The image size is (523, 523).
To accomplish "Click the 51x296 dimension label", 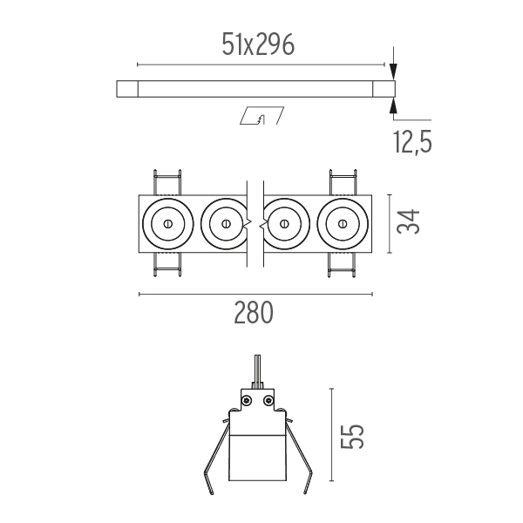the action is click(258, 44).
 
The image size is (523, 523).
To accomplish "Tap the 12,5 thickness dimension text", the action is click(412, 142).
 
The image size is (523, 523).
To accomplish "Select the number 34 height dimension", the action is click(408, 221).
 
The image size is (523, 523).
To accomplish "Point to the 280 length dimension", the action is click(254, 312).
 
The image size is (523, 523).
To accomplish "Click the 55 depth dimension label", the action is click(352, 437).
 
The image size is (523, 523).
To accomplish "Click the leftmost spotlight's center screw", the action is click(167, 223).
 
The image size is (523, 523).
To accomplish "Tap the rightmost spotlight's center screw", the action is click(343, 223).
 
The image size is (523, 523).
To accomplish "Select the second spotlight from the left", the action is click(224, 224).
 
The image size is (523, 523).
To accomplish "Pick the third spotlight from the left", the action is click(286, 224).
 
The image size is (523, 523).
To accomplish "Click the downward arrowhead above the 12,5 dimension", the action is click(394, 72).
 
